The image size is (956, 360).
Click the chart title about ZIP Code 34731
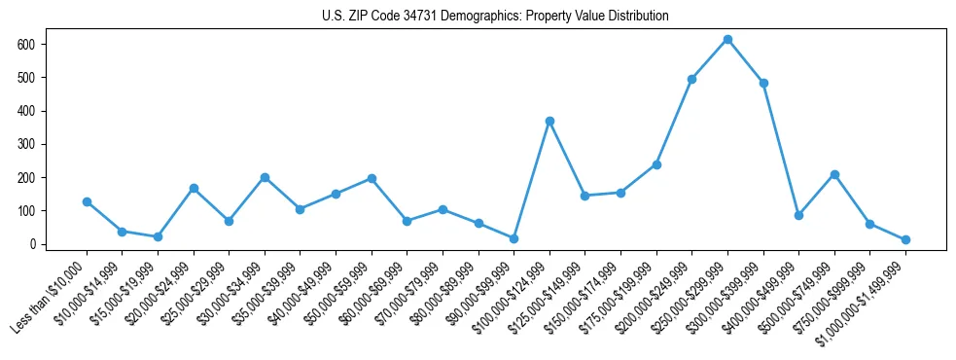pos(495,16)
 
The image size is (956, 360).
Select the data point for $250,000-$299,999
pos(727,40)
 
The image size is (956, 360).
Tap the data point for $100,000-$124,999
pos(549,121)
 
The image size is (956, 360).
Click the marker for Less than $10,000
pos(87,201)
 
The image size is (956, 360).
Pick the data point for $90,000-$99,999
pos(513,238)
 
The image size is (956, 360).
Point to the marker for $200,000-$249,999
pos(691,79)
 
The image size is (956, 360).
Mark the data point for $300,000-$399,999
pos(763,83)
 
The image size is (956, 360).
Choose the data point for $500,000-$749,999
pos(834,174)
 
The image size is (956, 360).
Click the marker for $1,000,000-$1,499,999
pos(905,239)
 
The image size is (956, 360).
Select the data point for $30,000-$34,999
pos(265,177)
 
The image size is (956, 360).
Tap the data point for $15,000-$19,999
pos(158,236)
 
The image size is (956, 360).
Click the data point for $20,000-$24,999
pos(194,188)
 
